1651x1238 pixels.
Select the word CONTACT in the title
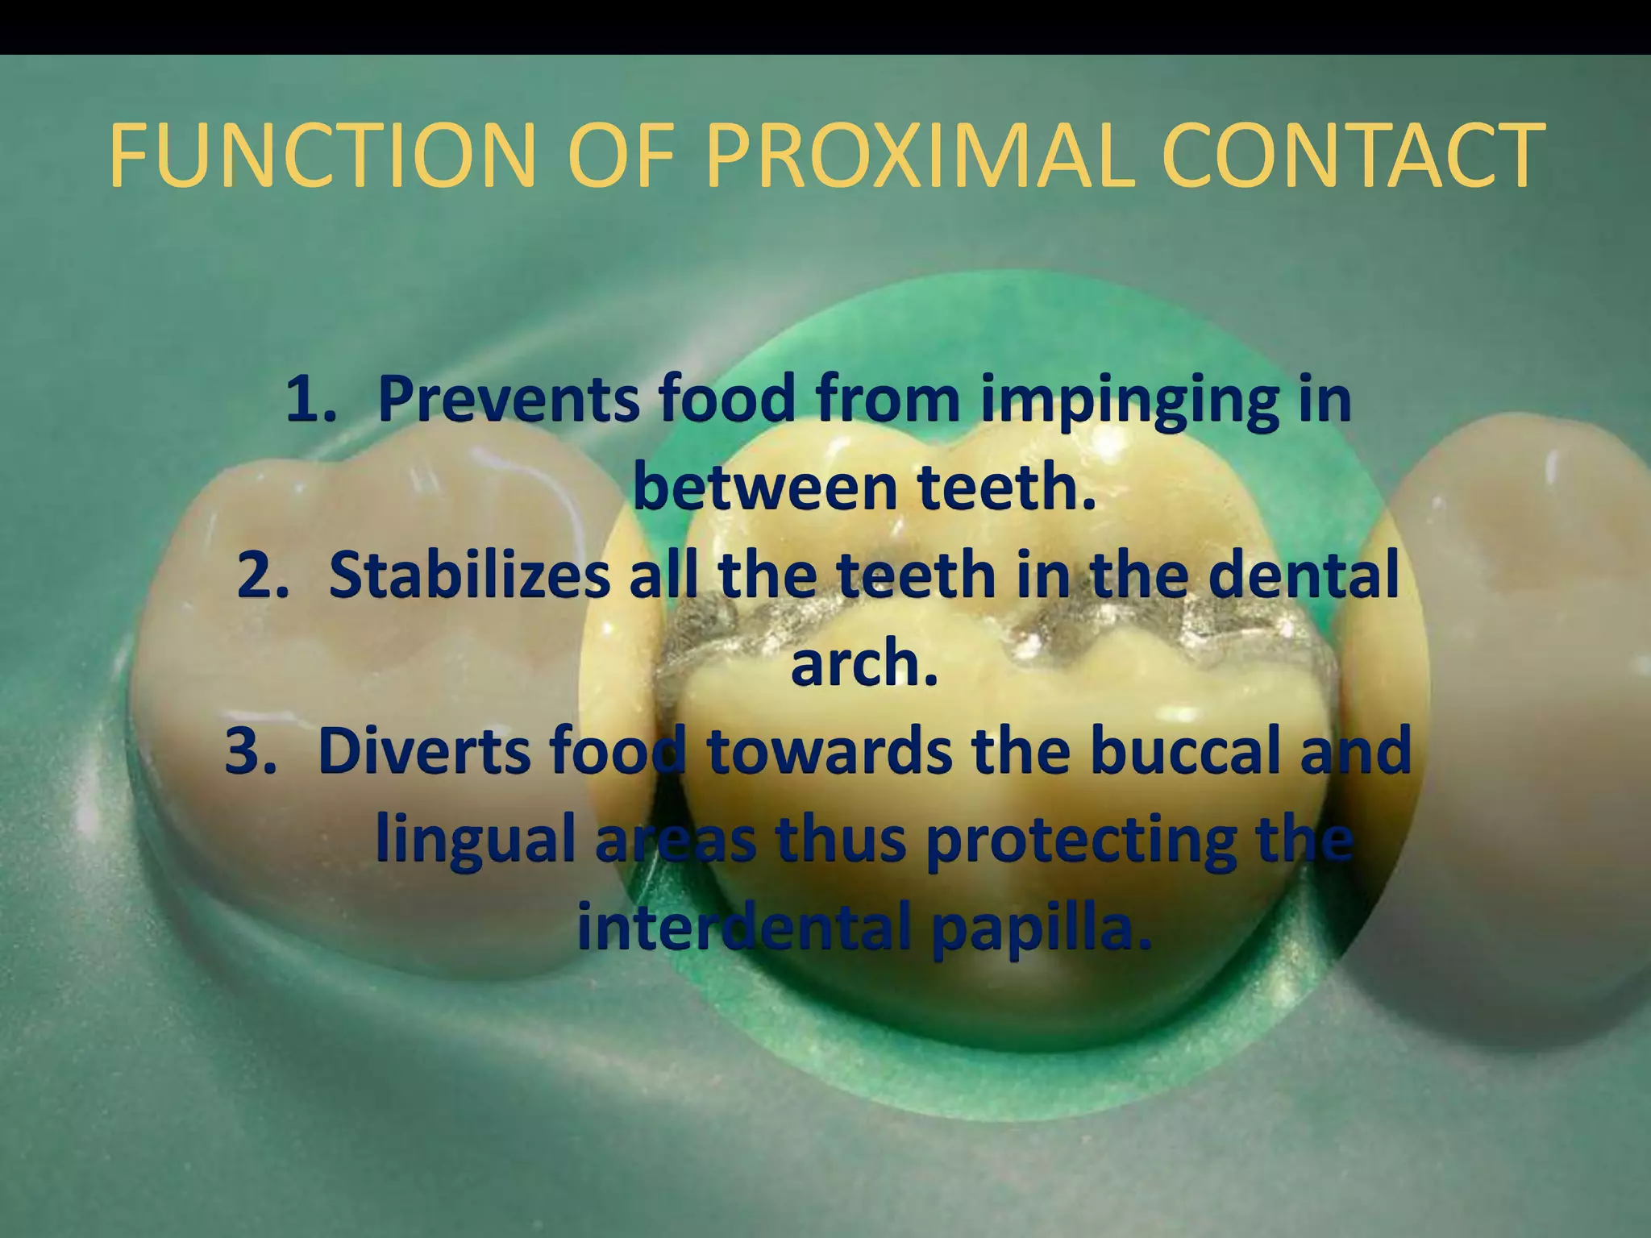tap(1349, 155)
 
